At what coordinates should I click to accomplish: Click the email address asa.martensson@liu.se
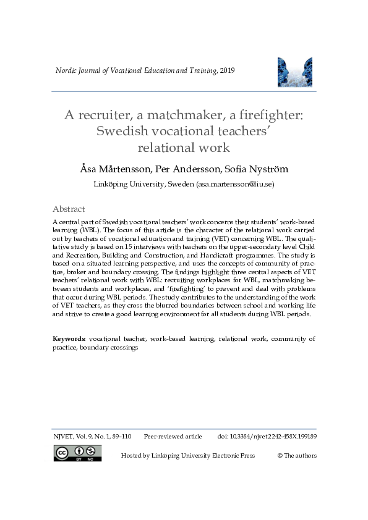click(x=235, y=184)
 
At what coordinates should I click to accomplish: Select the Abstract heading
click(x=69, y=209)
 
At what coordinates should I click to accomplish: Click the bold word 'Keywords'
click(x=69, y=339)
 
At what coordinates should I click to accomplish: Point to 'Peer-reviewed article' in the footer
click(x=173, y=437)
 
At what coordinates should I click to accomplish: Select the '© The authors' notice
click(x=297, y=456)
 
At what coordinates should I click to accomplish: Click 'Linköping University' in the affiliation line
click(x=131, y=184)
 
